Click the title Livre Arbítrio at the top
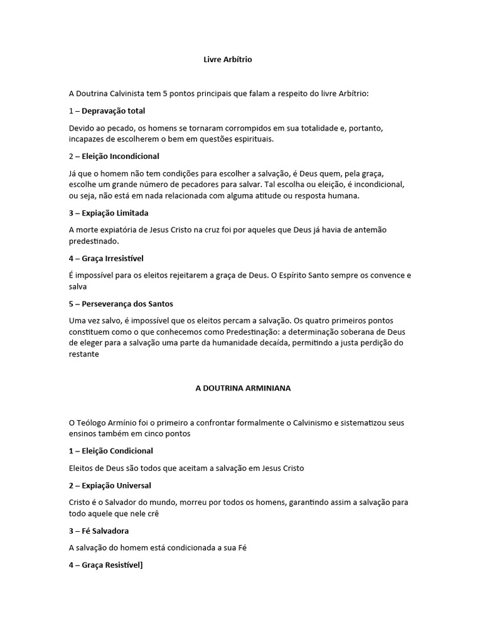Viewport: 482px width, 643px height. point(228,60)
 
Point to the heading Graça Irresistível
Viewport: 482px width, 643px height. point(112,258)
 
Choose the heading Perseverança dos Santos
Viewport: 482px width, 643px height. point(127,304)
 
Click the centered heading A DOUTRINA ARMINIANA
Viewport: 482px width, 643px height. point(243,388)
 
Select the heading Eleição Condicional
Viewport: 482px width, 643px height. point(117,451)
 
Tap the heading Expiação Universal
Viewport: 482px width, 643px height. point(115,485)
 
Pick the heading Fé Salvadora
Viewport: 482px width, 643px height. point(104,531)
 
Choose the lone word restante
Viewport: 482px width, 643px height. point(84,354)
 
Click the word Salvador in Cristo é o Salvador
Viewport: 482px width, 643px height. point(123,502)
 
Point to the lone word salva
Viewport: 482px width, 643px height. point(77,286)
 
